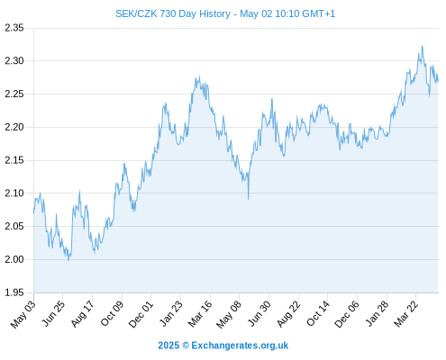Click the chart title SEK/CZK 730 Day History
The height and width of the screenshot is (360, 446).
pyautogui.click(x=173, y=13)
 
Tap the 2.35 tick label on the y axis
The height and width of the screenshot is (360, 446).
pyautogui.click(x=14, y=28)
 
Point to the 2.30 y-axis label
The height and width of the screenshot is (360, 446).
pyautogui.click(x=14, y=61)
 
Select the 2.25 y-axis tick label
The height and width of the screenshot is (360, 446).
pyautogui.click(x=14, y=94)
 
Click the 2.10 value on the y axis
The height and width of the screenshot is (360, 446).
pyautogui.click(x=14, y=193)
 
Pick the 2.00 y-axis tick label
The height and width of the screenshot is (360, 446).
pyautogui.click(x=14, y=259)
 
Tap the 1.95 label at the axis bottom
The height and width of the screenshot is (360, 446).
pyautogui.click(x=14, y=292)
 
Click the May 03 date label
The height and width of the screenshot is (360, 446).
pyautogui.click(x=23, y=314)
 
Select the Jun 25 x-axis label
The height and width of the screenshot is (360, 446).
pyautogui.click(x=53, y=314)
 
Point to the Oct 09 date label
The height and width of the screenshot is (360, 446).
pyautogui.click(x=112, y=314)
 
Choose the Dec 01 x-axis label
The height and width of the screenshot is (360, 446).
pyautogui.click(x=141, y=314)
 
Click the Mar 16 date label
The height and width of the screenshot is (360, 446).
pyautogui.click(x=200, y=314)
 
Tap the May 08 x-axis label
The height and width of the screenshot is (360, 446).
pyautogui.click(x=229, y=314)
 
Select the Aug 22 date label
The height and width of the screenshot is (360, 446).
pyautogui.click(x=288, y=314)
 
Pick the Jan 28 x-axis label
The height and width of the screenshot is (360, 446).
pyautogui.click(x=377, y=314)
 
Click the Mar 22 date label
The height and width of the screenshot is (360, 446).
pyautogui.click(x=405, y=314)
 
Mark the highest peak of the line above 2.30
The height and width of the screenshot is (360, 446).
pyautogui.click(x=423, y=46)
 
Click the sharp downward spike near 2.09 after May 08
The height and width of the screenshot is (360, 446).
pyautogui.click(x=249, y=199)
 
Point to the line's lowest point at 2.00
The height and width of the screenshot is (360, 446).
pyautogui.click(x=68, y=260)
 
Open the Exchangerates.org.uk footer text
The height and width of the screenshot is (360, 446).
pyautogui.click(x=240, y=346)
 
